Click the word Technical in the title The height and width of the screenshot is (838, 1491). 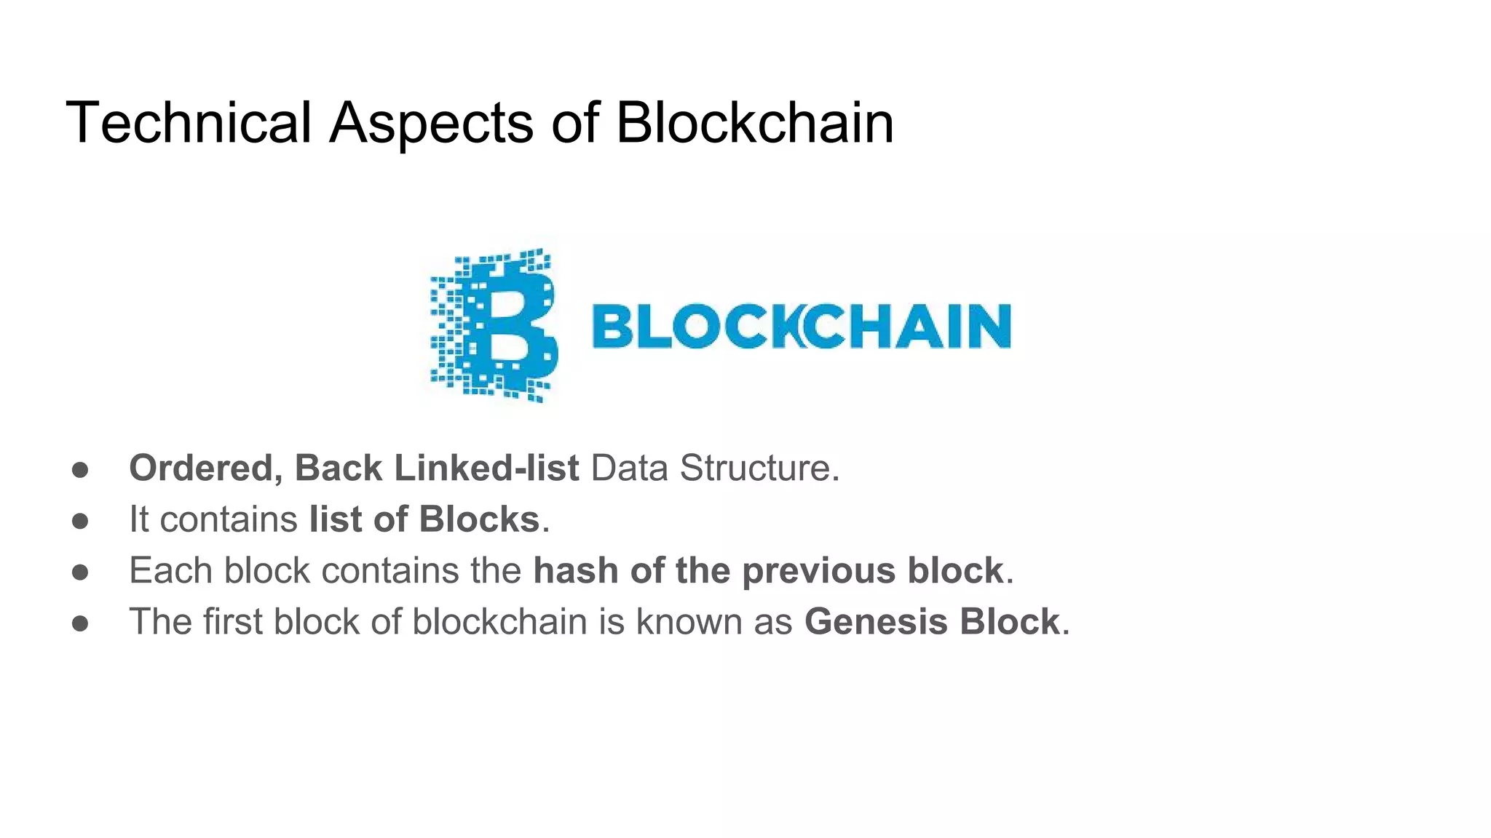point(189,122)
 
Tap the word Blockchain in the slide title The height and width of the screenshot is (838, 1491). point(754,122)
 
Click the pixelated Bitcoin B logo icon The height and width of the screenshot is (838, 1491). point(495,325)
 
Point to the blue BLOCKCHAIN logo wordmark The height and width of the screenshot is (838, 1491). point(802,326)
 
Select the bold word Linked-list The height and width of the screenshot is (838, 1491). point(486,468)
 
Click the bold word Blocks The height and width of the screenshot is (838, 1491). point(479,519)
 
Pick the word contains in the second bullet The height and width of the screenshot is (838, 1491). point(229,519)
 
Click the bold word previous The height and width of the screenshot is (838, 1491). point(818,571)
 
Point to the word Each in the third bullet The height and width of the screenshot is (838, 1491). point(170,570)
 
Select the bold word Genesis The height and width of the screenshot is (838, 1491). point(876,622)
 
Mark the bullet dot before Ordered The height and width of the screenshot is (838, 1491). point(80,470)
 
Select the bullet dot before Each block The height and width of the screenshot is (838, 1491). point(80,572)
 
